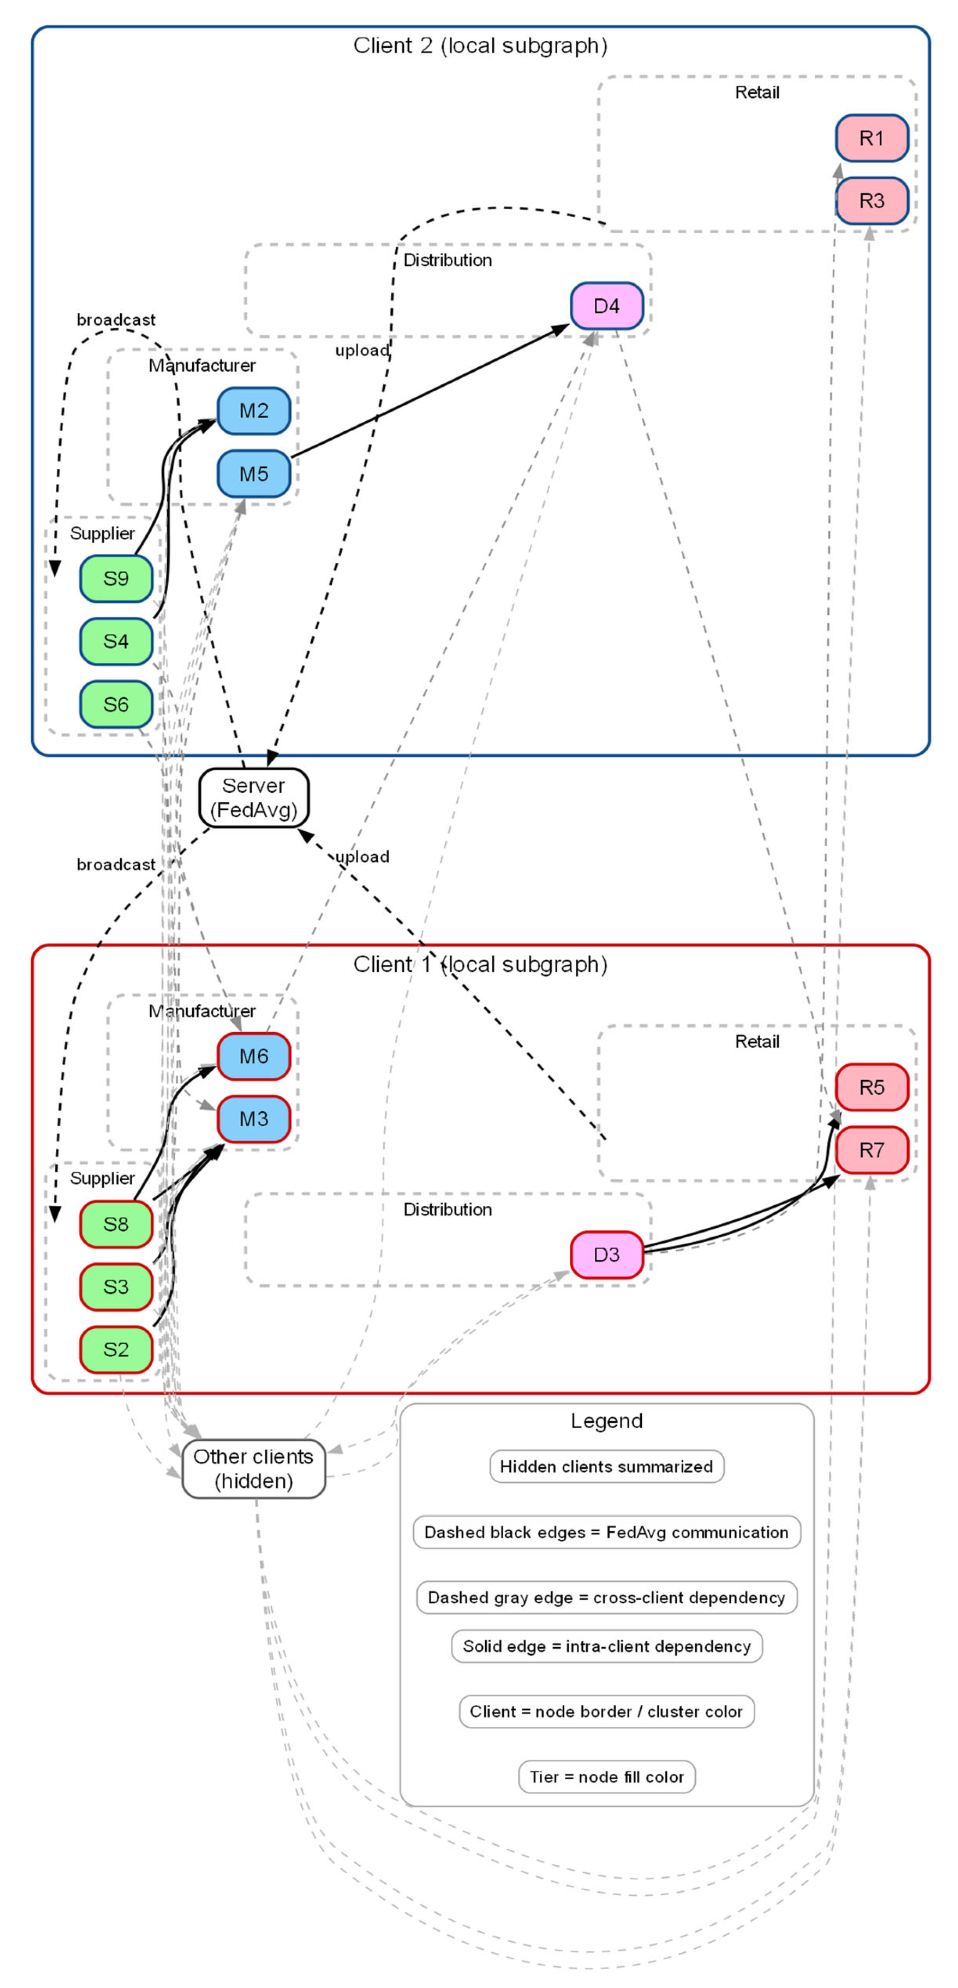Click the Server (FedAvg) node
[253, 797]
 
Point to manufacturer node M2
[253, 410]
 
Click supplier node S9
[116, 578]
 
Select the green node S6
[116, 704]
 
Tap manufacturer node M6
[253, 1056]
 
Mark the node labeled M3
[253, 1118]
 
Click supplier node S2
[116, 1349]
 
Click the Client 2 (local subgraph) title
[480, 45]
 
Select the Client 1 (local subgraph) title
[480, 964]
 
